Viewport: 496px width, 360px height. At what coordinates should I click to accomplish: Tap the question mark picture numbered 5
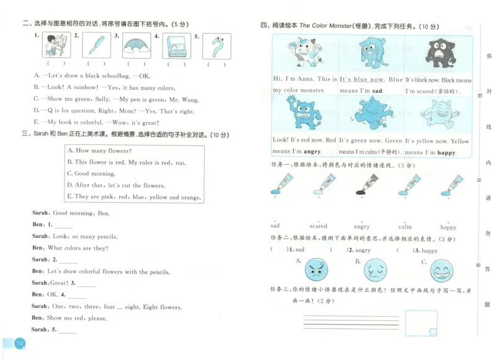(x=216, y=46)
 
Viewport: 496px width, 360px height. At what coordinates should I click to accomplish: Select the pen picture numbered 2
(x=97, y=45)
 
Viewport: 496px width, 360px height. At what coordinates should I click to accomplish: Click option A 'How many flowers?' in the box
(x=99, y=151)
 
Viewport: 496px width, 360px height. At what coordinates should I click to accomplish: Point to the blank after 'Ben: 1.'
(x=63, y=226)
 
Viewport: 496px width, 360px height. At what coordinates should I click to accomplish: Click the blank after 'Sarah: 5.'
(x=67, y=330)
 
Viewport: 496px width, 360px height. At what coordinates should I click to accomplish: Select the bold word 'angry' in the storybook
(x=312, y=152)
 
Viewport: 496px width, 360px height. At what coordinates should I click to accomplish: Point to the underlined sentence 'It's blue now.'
(x=362, y=79)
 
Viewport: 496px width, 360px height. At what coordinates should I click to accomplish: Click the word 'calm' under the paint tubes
(x=405, y=227)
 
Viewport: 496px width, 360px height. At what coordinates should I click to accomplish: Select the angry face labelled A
(x=316, y=270)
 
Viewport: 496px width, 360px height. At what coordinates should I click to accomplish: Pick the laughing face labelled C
(x=442, y=270)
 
